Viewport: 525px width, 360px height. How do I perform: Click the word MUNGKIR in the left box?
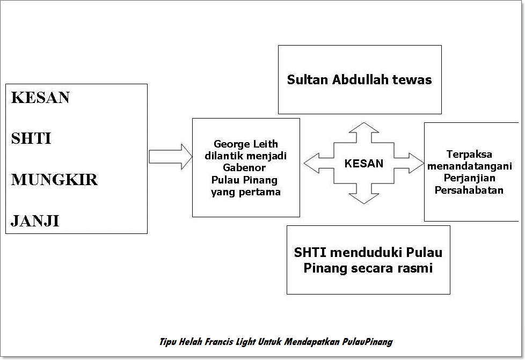click(x=54, y=180)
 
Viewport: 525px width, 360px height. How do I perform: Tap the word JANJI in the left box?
click(x=35, y=221)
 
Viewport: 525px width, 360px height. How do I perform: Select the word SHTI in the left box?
click(x=31, y=138)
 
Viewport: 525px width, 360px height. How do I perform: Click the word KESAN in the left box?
click(x=41, y=98)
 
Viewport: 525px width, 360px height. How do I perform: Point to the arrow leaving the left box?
click(x=170, y=157)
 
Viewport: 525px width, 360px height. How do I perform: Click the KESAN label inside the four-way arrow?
click(x=364, y=164)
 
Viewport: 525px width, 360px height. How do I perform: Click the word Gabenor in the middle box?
click(x=245, y=167)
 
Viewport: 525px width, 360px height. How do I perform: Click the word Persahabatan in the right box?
click(x=469, y=190)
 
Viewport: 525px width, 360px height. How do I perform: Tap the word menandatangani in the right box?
click(x=469, y=166)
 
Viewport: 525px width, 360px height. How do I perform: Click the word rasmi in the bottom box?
click(x=415, y=267)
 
